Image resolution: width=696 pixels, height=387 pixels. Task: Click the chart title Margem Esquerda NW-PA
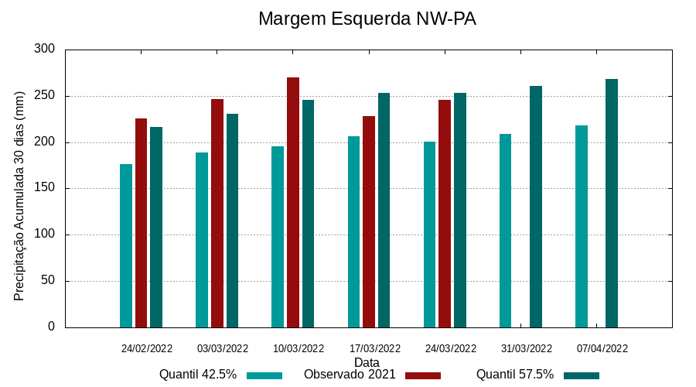click(367, 19)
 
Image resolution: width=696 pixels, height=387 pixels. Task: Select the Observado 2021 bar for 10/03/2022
click(293, 202)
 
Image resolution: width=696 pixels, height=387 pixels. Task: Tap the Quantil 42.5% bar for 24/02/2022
click(126, 245)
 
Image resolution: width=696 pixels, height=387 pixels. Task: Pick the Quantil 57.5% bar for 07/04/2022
click(612, 203)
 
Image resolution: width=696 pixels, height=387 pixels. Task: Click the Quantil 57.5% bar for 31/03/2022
click(536, 207)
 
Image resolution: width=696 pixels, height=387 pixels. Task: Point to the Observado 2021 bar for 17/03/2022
click(369, 221)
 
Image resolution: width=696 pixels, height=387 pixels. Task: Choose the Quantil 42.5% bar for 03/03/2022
click(202, 240)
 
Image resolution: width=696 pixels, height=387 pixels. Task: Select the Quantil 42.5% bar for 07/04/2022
click(582, 226)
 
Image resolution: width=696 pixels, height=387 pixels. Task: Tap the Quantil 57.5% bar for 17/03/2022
click(384, 210)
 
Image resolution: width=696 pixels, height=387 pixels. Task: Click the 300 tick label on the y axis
click(45, 50)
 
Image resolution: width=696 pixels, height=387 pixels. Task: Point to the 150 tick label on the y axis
click(45, 188)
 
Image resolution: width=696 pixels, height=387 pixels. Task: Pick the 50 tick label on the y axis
click(48, 280)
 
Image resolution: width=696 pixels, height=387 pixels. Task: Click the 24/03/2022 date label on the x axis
click(450, 348)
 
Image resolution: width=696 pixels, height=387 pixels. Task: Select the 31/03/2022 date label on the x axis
click(527, 348)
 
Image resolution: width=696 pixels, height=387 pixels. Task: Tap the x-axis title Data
click(367, 362)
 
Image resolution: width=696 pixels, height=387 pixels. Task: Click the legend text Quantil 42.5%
click(198, 375)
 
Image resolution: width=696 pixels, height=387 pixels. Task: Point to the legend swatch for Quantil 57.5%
click(582, 375)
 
